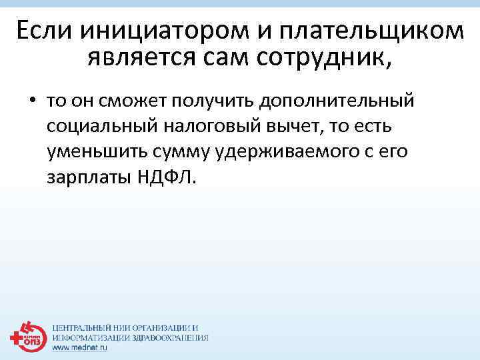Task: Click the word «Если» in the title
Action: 43,31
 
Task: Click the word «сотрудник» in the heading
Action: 326,59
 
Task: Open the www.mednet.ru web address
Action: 79,347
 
